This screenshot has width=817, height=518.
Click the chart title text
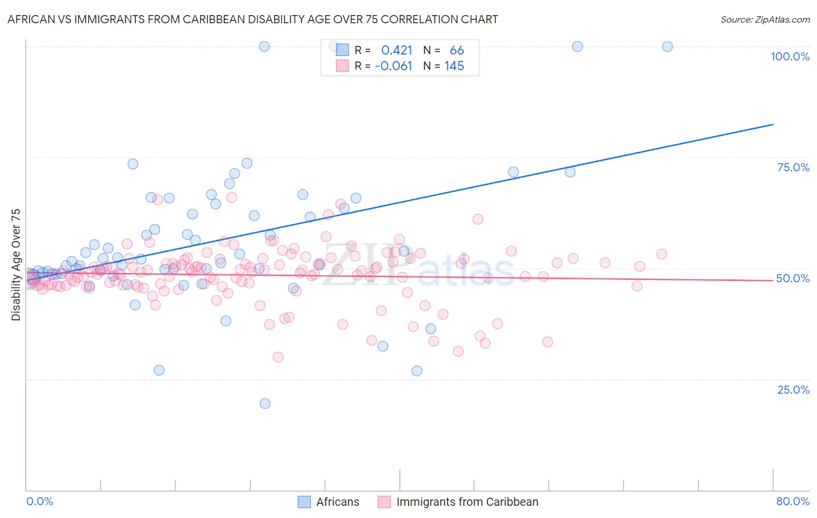252,19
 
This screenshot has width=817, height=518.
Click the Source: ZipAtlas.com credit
765,19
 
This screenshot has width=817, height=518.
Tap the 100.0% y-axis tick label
790,56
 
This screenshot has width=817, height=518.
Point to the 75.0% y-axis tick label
793,167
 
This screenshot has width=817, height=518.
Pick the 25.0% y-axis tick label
793,390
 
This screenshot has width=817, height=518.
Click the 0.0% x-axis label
40,501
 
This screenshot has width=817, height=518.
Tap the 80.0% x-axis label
793,501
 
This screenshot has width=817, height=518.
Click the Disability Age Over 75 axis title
16,264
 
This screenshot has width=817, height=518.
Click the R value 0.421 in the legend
397,51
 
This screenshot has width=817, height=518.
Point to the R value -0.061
393,66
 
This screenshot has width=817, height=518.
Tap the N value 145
454,66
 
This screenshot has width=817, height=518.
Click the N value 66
457,51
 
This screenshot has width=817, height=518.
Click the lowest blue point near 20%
265,404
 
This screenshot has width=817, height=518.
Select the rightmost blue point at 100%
668,46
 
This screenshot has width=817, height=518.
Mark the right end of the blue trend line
773,124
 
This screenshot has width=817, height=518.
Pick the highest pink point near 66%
231,197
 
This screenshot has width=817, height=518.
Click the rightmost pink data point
661,254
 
